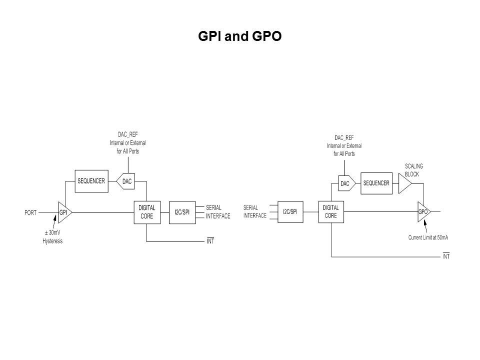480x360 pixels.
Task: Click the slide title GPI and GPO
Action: (x=239, y=36)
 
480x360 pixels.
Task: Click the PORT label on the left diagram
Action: (x=30, y=212)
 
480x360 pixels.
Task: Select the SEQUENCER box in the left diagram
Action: (x=91, y=181)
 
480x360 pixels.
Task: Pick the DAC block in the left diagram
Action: (x=127, y=181)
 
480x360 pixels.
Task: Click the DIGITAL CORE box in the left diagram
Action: (x=146, y=212)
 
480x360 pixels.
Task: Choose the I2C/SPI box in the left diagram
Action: (x=182, y=212)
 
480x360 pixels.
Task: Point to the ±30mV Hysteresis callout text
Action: (x=52, y=236)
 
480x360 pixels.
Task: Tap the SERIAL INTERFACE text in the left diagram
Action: (x=218, y=212)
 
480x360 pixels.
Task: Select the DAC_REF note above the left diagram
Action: (x=127, y=143)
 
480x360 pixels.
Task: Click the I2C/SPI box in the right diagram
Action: (x=290, y=212)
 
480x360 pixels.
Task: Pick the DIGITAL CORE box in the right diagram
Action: (x=330, y=212)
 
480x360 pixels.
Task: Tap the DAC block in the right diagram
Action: (x=345, y=183)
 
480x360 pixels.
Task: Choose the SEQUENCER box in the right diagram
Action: (x=376, y=183)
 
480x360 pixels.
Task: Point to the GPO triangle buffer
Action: (x=423, y=212)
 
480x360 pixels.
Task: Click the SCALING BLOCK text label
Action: (x=414, y=170)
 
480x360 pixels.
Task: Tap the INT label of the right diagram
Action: (x=446, y=256)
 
